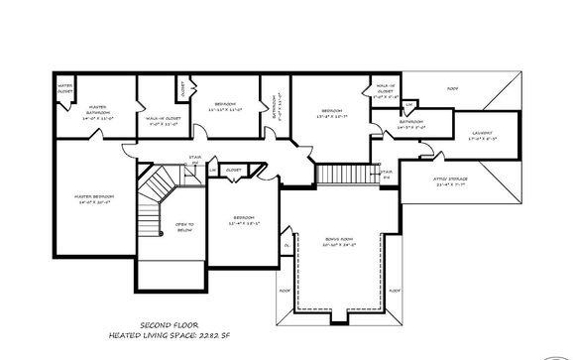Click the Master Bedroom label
point(95,196)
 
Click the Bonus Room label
point(339,239)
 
